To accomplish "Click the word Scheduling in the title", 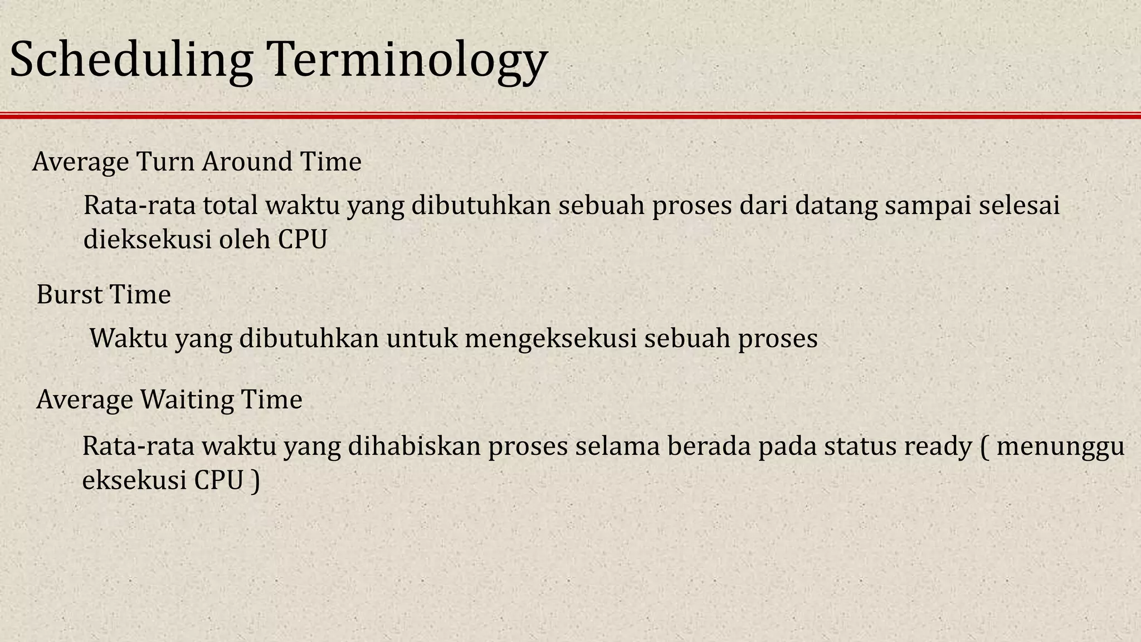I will (x=131, y=60).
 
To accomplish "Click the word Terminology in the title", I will (x=406, y=60).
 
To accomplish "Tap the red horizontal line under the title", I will (x=570, y=115).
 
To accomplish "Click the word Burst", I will (x=69, y=294).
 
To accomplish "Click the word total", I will (x=230, y=205).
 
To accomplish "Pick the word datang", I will (x=835, y=206).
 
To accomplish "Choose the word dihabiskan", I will (x=415, y=446).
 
